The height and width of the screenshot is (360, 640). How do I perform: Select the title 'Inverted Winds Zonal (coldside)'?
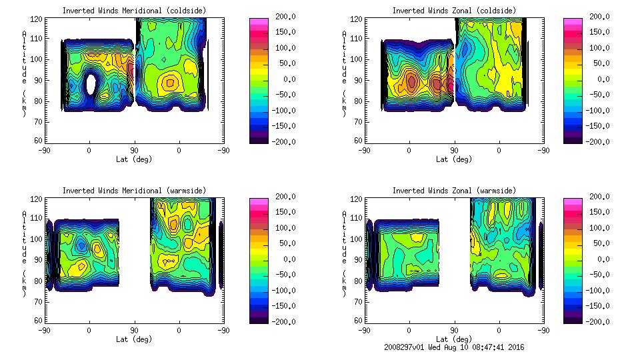[454, 11]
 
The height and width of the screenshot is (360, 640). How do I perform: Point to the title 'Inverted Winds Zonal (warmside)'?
[454, 191]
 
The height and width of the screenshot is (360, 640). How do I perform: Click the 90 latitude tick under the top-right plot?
[454, 151]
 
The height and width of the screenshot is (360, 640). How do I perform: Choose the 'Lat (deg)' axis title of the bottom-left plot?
[133, 339]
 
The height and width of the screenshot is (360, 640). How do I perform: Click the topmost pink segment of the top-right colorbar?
[573, 22]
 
